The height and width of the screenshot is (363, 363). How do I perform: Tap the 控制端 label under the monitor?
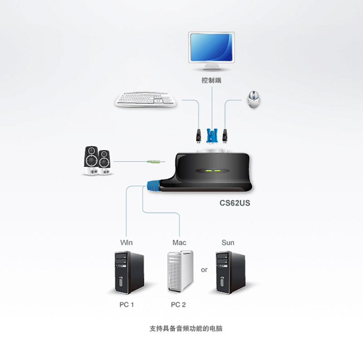212,81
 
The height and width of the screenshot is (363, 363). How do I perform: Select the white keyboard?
145,100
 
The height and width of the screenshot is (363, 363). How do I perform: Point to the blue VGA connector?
212,135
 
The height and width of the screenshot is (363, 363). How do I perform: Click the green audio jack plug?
155,161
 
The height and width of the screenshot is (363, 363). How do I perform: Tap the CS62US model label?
235,203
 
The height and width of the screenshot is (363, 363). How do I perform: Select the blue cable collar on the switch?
153,186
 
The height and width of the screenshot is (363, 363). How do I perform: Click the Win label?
127,243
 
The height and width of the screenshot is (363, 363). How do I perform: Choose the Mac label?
179,243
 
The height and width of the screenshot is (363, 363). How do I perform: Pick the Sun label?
228,243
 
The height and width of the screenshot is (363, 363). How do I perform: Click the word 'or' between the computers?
204,270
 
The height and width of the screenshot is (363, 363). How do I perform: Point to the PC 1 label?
127,305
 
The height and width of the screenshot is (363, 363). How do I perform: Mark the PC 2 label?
178,305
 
